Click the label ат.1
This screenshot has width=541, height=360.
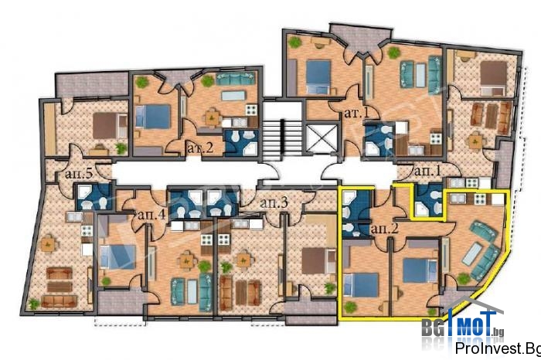[357, 113]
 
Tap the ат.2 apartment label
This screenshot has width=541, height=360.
[200, 148]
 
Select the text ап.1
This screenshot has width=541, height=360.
[427, 171]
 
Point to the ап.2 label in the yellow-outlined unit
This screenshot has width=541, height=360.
[384, 228]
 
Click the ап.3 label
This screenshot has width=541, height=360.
[274, 202]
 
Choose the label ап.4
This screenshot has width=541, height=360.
[151, 215]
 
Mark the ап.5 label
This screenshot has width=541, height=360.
[79, 174]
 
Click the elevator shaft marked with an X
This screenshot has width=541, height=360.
[322, 138]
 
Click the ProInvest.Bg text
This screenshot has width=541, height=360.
[498, 348]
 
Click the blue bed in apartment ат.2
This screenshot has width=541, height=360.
[153, 117]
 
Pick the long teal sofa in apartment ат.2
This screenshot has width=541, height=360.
[235, 79]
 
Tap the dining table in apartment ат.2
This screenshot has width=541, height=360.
[213, 117]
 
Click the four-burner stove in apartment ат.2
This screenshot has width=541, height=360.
[251, 110]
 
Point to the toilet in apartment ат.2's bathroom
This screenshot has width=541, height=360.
[235, 137]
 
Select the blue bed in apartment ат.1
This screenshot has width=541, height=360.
[318, 77]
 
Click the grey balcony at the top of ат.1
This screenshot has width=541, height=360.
[360, 38]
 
